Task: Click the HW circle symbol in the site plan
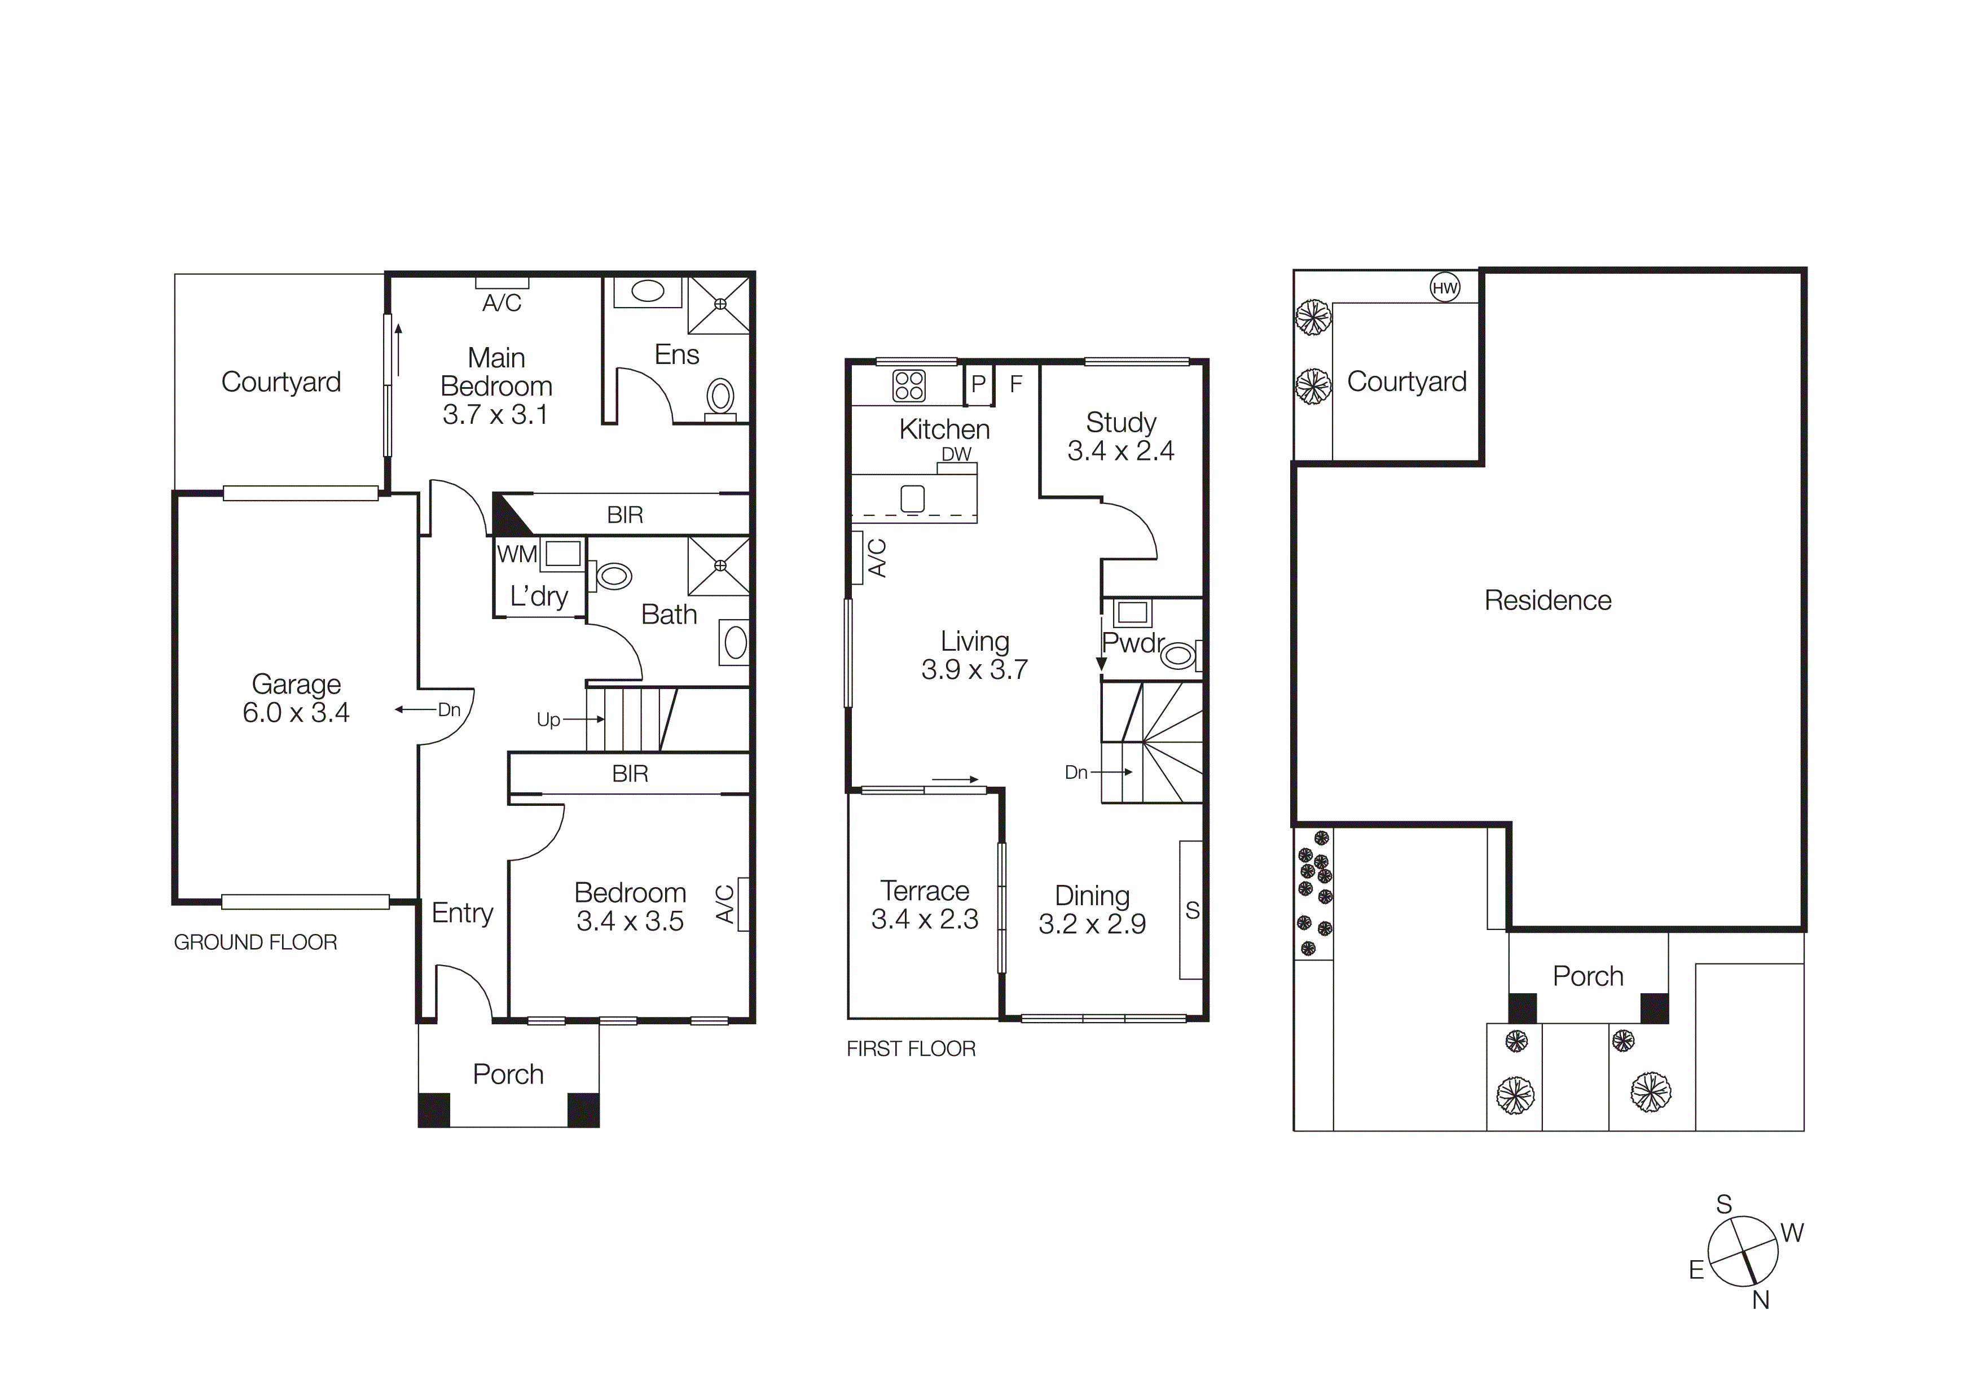1445,288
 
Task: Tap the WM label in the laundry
516,554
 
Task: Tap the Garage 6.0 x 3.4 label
296,698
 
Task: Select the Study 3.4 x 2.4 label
1120,436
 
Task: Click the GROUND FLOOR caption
255,942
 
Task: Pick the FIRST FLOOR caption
911,1049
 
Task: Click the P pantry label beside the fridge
978,384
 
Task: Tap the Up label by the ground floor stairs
548,720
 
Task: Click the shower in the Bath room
719,565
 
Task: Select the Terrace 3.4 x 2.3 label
924,905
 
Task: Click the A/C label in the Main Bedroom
502,302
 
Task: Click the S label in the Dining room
1192,910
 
